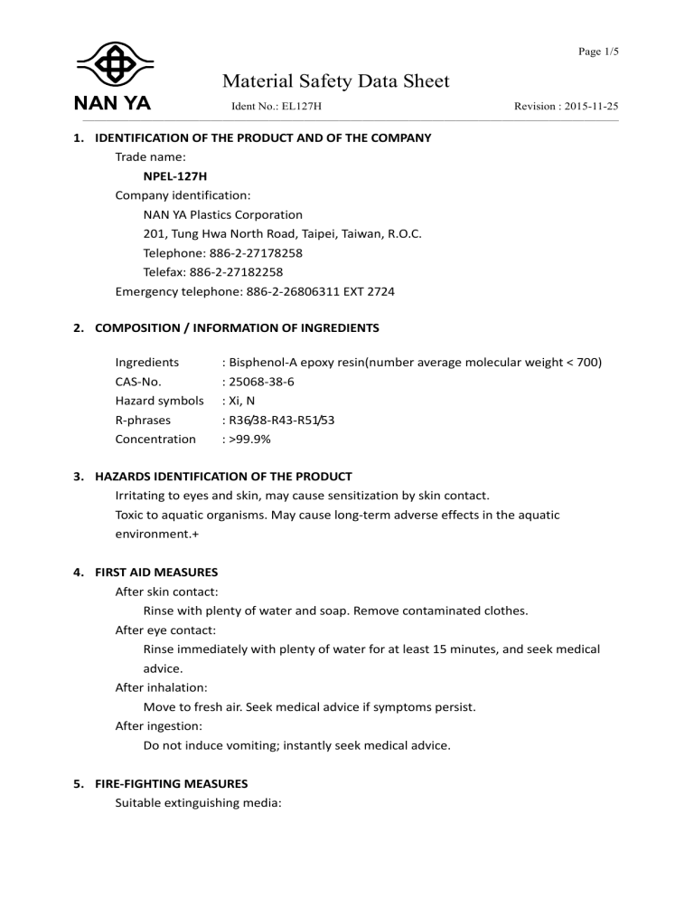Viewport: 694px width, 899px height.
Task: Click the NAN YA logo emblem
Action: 113,65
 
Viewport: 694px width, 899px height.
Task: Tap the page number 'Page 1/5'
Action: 597,52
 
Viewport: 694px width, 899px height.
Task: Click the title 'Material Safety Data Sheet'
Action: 335,81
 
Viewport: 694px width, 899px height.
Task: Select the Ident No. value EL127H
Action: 303,107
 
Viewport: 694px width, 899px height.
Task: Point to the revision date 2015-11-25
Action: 591,107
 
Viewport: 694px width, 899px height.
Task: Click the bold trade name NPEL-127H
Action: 178,176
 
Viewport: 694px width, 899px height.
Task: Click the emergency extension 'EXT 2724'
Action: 367,291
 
